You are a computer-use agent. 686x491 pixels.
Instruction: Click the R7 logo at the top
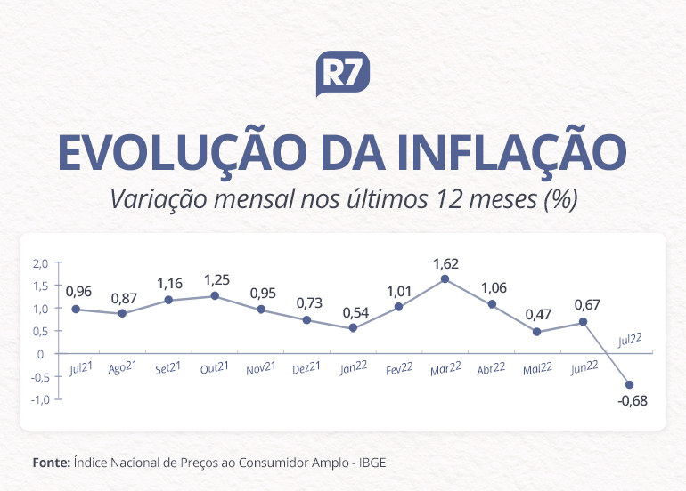343,74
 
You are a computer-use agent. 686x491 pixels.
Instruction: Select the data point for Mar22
445,278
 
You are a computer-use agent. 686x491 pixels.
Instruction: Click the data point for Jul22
630,385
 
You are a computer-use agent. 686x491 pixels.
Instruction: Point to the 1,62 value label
445,263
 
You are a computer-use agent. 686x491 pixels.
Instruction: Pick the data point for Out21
214,295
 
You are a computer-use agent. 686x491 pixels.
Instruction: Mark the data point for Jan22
352,328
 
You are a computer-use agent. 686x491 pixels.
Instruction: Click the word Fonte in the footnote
51,463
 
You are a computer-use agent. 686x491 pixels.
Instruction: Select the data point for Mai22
537,332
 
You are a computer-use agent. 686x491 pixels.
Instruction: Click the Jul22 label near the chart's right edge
631,339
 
